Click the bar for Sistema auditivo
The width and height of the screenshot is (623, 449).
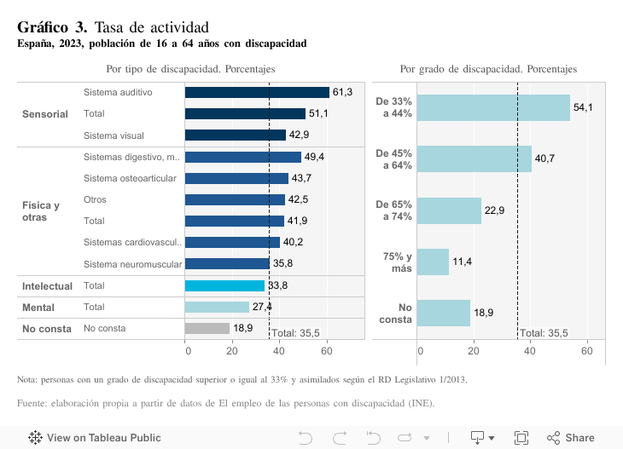tap(257, 92)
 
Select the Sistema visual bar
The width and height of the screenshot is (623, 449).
tap(236, 135)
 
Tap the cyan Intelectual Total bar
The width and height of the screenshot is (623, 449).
tap(224, 285)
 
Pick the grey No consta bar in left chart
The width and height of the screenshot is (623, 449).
tap(207, 328)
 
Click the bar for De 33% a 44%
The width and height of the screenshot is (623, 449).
tap(494, 107)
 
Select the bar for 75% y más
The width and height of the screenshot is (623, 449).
tap(434, 262)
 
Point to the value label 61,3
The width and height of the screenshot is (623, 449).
tap(342, 92)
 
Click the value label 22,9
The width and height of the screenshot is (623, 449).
tap(494, 210)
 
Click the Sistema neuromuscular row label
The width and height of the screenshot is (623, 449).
tap(132, 263)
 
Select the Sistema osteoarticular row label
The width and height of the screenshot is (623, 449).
tap(130, 178)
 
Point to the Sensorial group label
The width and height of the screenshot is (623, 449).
tap(44, 114)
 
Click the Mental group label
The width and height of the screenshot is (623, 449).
tap(38, 308)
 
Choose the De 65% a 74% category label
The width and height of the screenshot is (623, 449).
tap(394, 210)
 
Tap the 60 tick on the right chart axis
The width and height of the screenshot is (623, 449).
tap(586, 350)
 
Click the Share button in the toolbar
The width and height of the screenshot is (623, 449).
tap(571, 438)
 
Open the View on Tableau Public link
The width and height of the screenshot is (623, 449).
tap(95, 438)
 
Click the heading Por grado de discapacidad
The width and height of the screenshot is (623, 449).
tap(488, 69)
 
